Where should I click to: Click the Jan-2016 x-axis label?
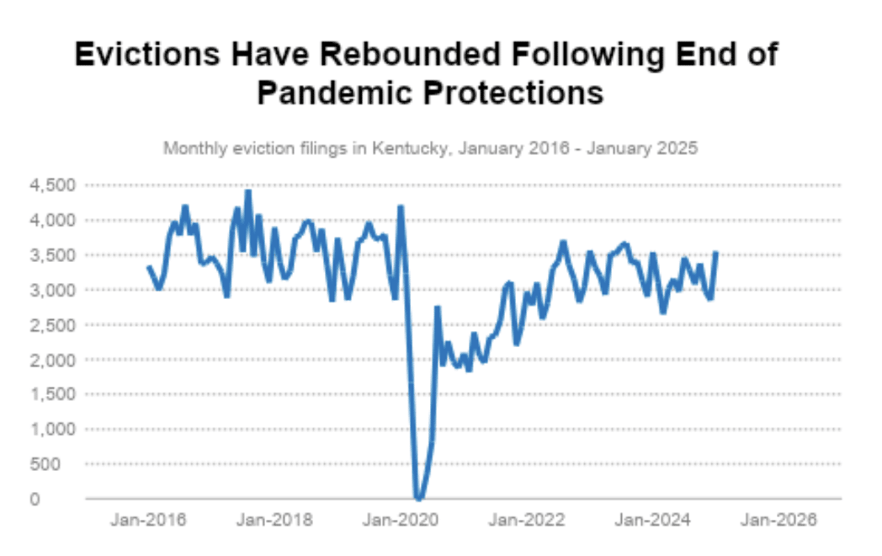pos(149,520)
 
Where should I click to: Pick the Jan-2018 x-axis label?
pos(274,520)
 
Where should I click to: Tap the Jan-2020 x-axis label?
pos(400,520)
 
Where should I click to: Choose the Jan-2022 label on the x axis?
pos(526,520)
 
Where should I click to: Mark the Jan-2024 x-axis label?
pos(652,520)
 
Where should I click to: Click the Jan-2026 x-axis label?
pos(778,520)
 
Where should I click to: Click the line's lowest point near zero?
pos(417,498)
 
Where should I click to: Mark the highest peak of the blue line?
pos(248,192)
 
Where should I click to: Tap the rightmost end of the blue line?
pos(715,253)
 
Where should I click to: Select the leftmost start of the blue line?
pos(149,267)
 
